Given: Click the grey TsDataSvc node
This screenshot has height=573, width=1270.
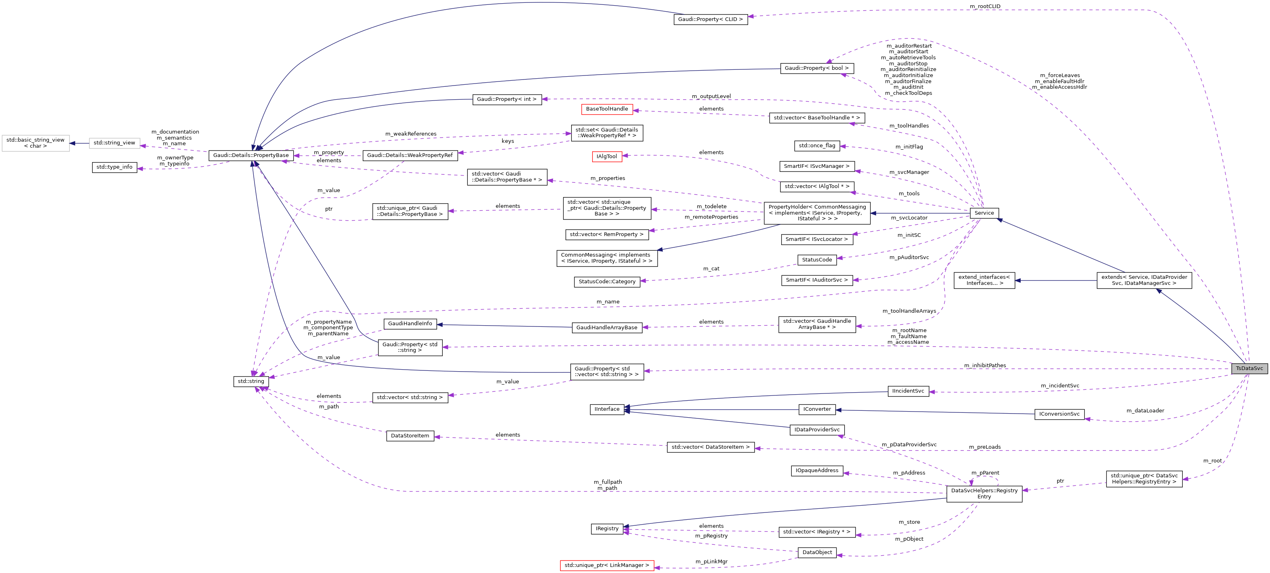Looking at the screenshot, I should [1249, 368].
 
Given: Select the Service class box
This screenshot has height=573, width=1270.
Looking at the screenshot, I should [984, 213].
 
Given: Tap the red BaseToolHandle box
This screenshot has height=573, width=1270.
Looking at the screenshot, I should [606, 109].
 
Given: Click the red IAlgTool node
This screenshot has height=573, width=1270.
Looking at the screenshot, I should [606, 157].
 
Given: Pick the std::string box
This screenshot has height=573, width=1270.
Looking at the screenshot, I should [251, 381].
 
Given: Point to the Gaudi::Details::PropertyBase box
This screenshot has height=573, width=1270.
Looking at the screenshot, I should [251, 155].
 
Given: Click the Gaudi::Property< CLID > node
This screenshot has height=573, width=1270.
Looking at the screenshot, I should [710, 19].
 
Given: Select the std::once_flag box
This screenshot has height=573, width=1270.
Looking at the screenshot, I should [817, 146].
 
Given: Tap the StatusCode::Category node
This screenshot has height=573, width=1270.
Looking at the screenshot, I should [606, 282].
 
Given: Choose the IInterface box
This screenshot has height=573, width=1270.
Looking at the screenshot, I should [606, 410].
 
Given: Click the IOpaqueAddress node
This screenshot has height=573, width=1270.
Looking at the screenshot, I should [816, 471].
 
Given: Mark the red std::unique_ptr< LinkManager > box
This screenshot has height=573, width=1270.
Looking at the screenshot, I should [606, 566].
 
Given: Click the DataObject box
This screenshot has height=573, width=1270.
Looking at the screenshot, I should [816, 552].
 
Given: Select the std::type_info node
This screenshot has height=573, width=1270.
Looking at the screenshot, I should [114, 167].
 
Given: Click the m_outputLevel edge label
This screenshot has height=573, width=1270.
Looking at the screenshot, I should [711, 96].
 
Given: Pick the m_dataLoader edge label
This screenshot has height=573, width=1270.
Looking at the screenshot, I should [1145, 411].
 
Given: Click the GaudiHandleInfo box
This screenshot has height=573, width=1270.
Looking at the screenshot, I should [410, 324].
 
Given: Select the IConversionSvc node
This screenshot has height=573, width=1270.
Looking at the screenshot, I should [1059, 414].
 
